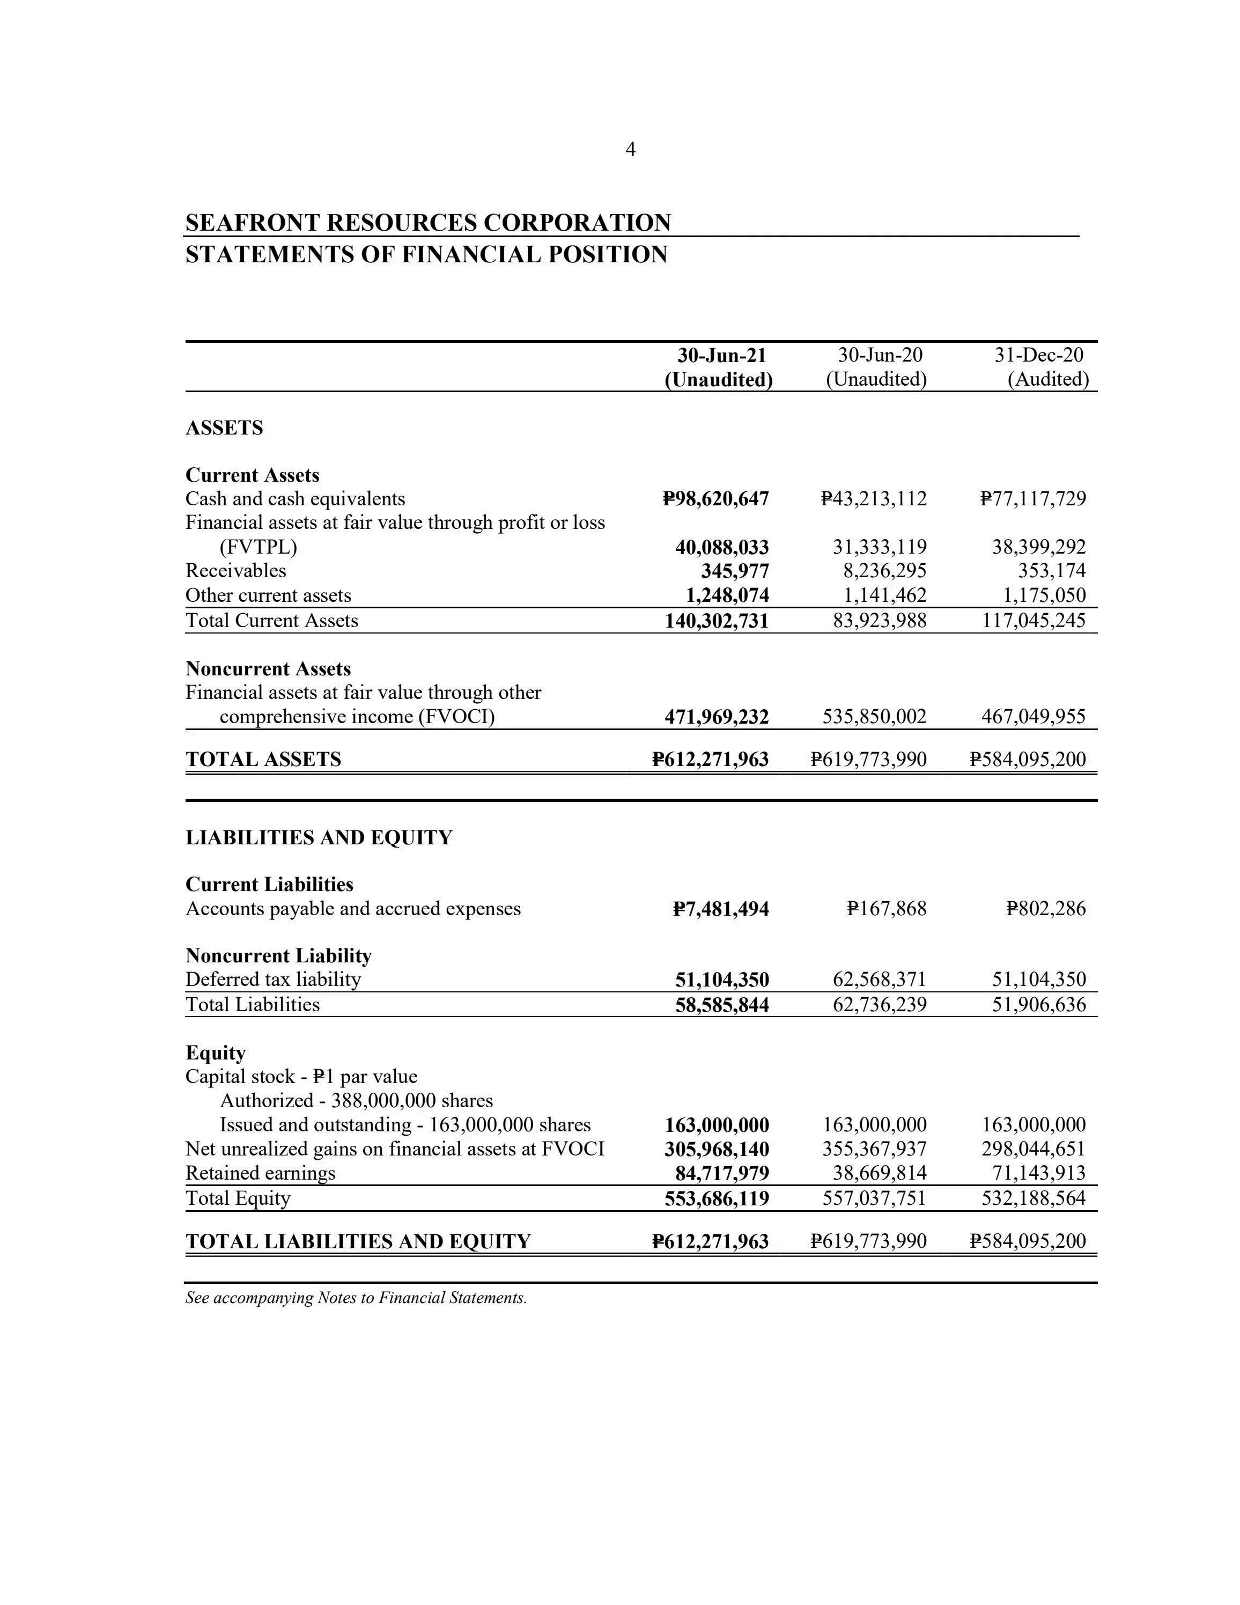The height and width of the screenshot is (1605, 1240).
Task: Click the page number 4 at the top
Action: [x=630, y=150]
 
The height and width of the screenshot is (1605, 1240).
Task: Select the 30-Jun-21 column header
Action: [x=721, y=356]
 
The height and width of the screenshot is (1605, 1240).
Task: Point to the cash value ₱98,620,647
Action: [x=715, y=499]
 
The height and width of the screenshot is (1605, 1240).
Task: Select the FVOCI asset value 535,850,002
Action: [x=874, y=717]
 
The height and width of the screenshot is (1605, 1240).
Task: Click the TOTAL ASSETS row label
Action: [x=263, y=759]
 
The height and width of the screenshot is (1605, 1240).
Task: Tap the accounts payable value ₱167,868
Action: [x=886, y=909]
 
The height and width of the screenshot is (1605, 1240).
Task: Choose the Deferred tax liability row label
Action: [x=274, y=980]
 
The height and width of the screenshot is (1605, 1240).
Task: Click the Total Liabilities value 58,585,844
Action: [x=722, y=1005]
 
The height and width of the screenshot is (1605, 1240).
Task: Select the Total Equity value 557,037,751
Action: [x=874, y=1198]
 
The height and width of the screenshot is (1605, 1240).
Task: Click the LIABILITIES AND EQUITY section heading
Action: [x=319, y=838]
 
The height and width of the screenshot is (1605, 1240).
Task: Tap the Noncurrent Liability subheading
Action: [x=278, y=955]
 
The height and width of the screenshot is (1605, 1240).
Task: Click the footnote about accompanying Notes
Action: [x=356, y=1298]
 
